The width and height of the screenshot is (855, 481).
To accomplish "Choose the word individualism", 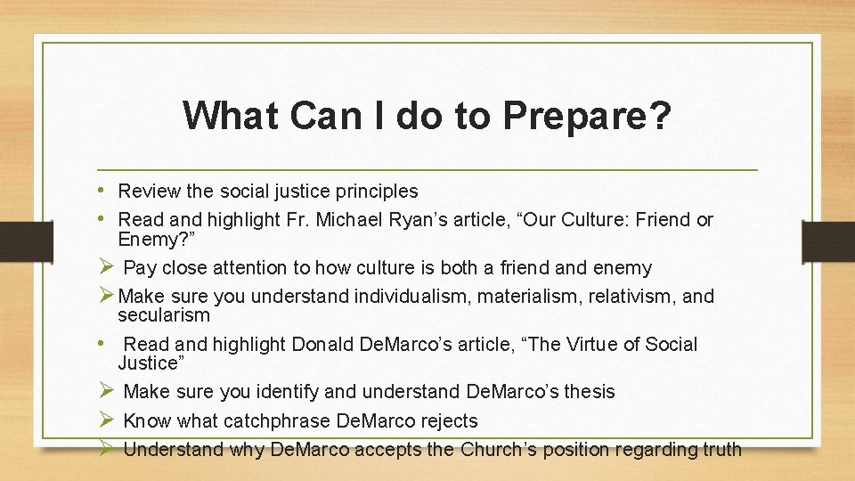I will [x=412, y=296].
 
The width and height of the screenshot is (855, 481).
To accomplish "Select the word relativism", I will [x=633, y=296].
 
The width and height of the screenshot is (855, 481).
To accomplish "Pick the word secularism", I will [x=164, y=315].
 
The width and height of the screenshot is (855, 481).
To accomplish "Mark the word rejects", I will [x=447, y=420].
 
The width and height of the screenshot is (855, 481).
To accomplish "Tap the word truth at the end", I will [x=721, y=449].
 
